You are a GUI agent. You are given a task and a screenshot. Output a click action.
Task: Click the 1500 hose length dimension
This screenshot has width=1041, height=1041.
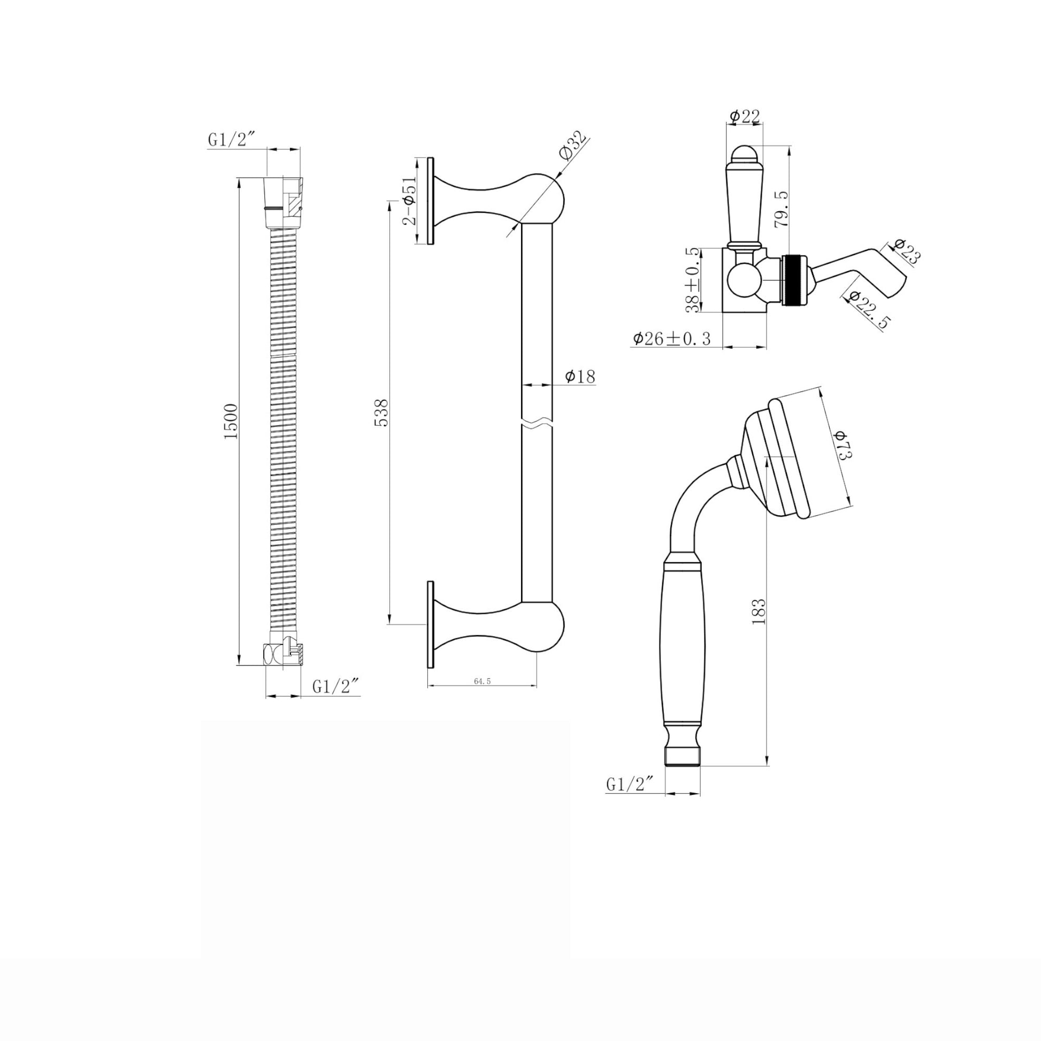pyautogui.click(x=231, y=421)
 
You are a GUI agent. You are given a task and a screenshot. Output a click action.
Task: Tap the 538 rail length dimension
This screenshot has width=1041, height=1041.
pyautogui.click(x=381, y=412)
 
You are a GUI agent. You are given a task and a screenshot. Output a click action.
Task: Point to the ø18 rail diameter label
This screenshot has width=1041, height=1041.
pyautogui.click(x=580, y=376)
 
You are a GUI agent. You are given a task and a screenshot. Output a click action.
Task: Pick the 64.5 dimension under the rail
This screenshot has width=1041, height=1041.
pyautogui.click(x=482, y=681)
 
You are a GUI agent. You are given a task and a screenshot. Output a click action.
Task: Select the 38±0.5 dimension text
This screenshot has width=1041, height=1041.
pyautogui.click(x=692, y=280)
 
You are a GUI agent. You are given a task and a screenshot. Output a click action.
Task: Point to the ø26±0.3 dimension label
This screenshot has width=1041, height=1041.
pyautogui.click(x=671, y=339)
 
